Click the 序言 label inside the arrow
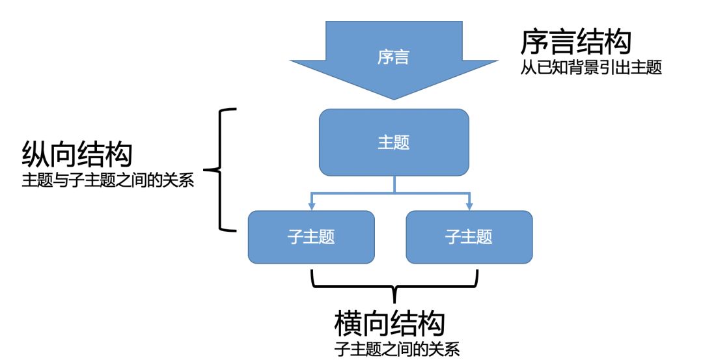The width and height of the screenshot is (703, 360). pyautogui.click(x=393, y=57)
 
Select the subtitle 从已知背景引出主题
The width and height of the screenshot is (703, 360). pyautogui.click(x=591, y=68)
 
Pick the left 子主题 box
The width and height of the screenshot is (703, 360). pyautogui.click(x=311, y=237)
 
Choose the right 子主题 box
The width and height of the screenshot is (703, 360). pyautogui.click(x=469, y=237)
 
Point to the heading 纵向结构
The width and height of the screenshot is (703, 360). pyautogui.click(x=77, y=155)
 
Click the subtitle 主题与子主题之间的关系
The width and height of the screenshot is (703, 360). pyautogui.click(x=108, y=180)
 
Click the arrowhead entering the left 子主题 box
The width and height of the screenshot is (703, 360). pyautogui.click(x=312, y=206)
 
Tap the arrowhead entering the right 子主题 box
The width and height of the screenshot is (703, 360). pyautogui.click(x=469, y=206)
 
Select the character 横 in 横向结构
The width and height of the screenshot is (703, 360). pyautogui.click(x=348, y=322)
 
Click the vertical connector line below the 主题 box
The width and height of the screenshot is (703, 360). pyautogui.click(x=394, y=185)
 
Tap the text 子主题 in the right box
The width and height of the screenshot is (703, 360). pyautogui.click(x=469, y=237)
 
